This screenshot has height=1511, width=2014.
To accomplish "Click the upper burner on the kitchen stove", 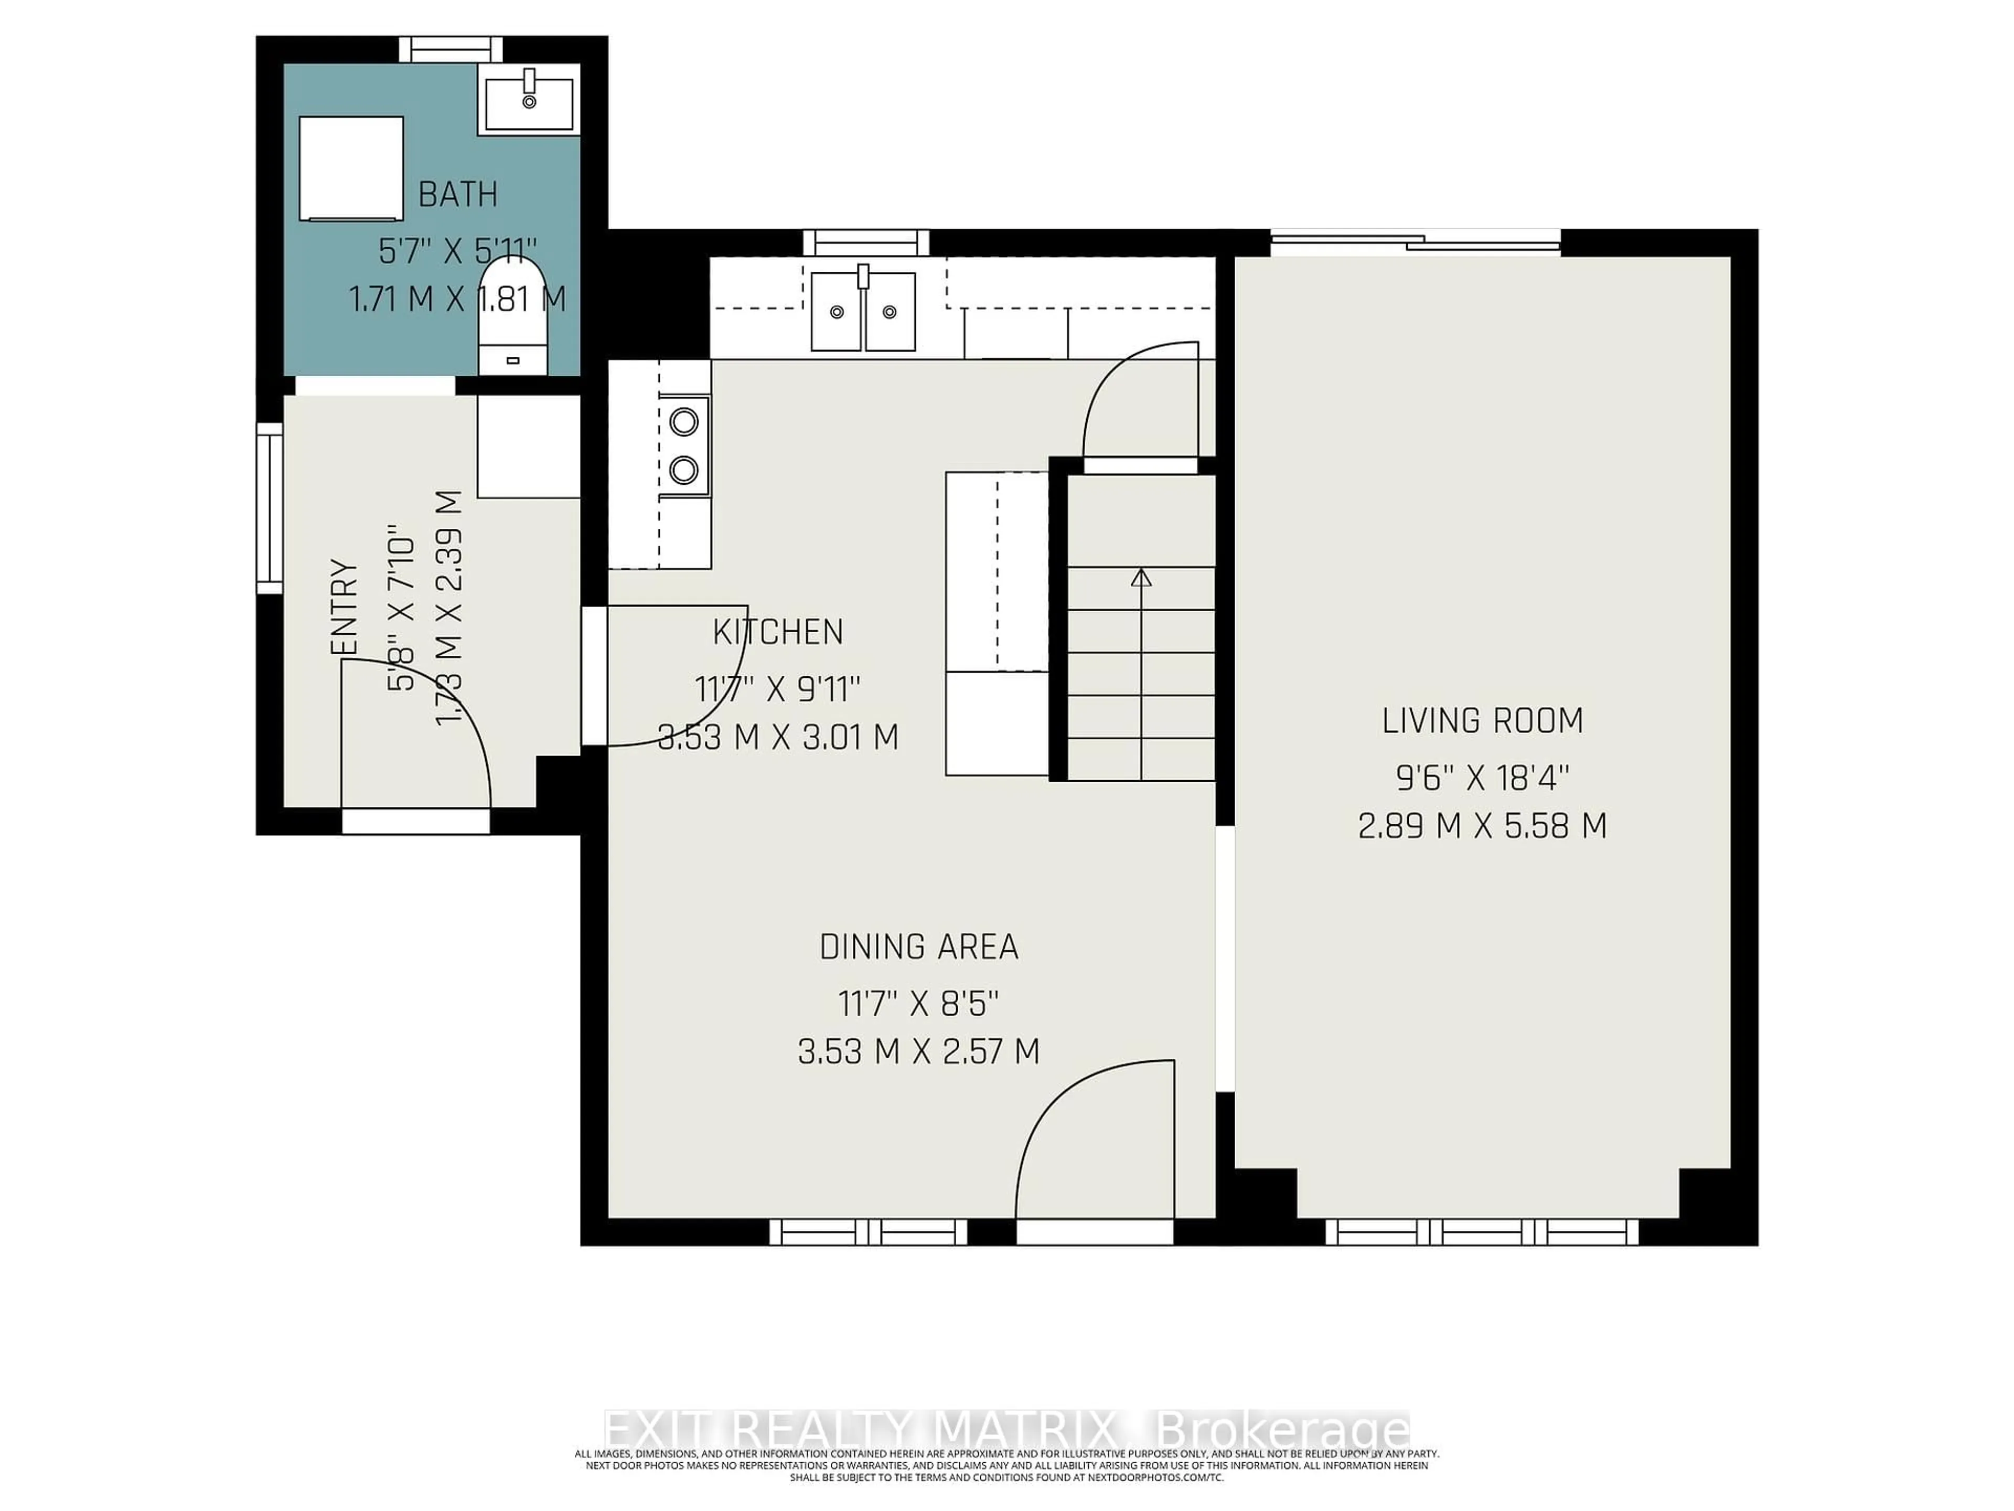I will pos(684,422).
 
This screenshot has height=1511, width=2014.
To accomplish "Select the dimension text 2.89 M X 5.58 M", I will pos(1482,827).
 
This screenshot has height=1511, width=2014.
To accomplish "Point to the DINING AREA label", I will pos(919,947).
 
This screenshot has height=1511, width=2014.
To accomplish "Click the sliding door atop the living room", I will pos(1416,242).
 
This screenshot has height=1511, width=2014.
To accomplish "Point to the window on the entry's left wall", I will pos(270,508).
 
